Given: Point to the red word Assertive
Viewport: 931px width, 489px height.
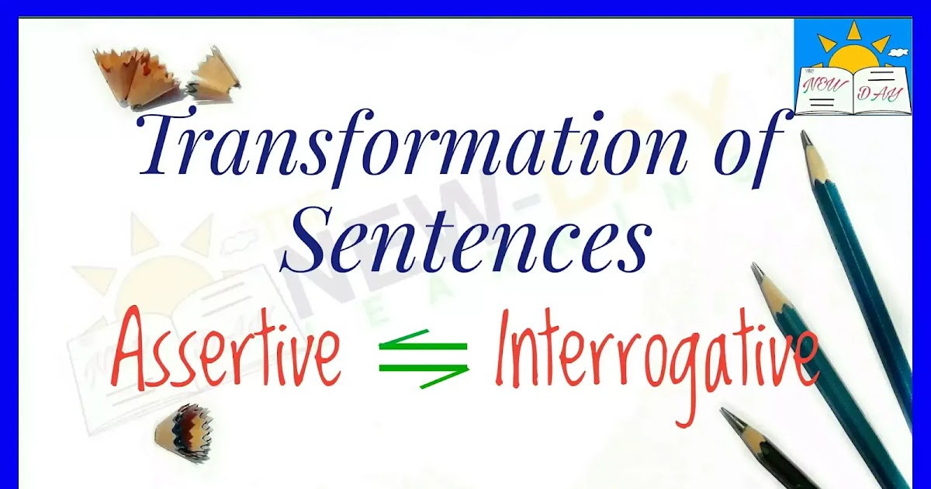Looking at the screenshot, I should click(x=227, y=353).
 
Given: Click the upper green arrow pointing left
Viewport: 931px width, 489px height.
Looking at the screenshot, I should click(x=423, y=342).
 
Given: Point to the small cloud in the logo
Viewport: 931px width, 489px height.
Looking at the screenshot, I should click(x=898, y=52).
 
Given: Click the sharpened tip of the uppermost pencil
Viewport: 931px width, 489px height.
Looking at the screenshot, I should click(x=805, y=137).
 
